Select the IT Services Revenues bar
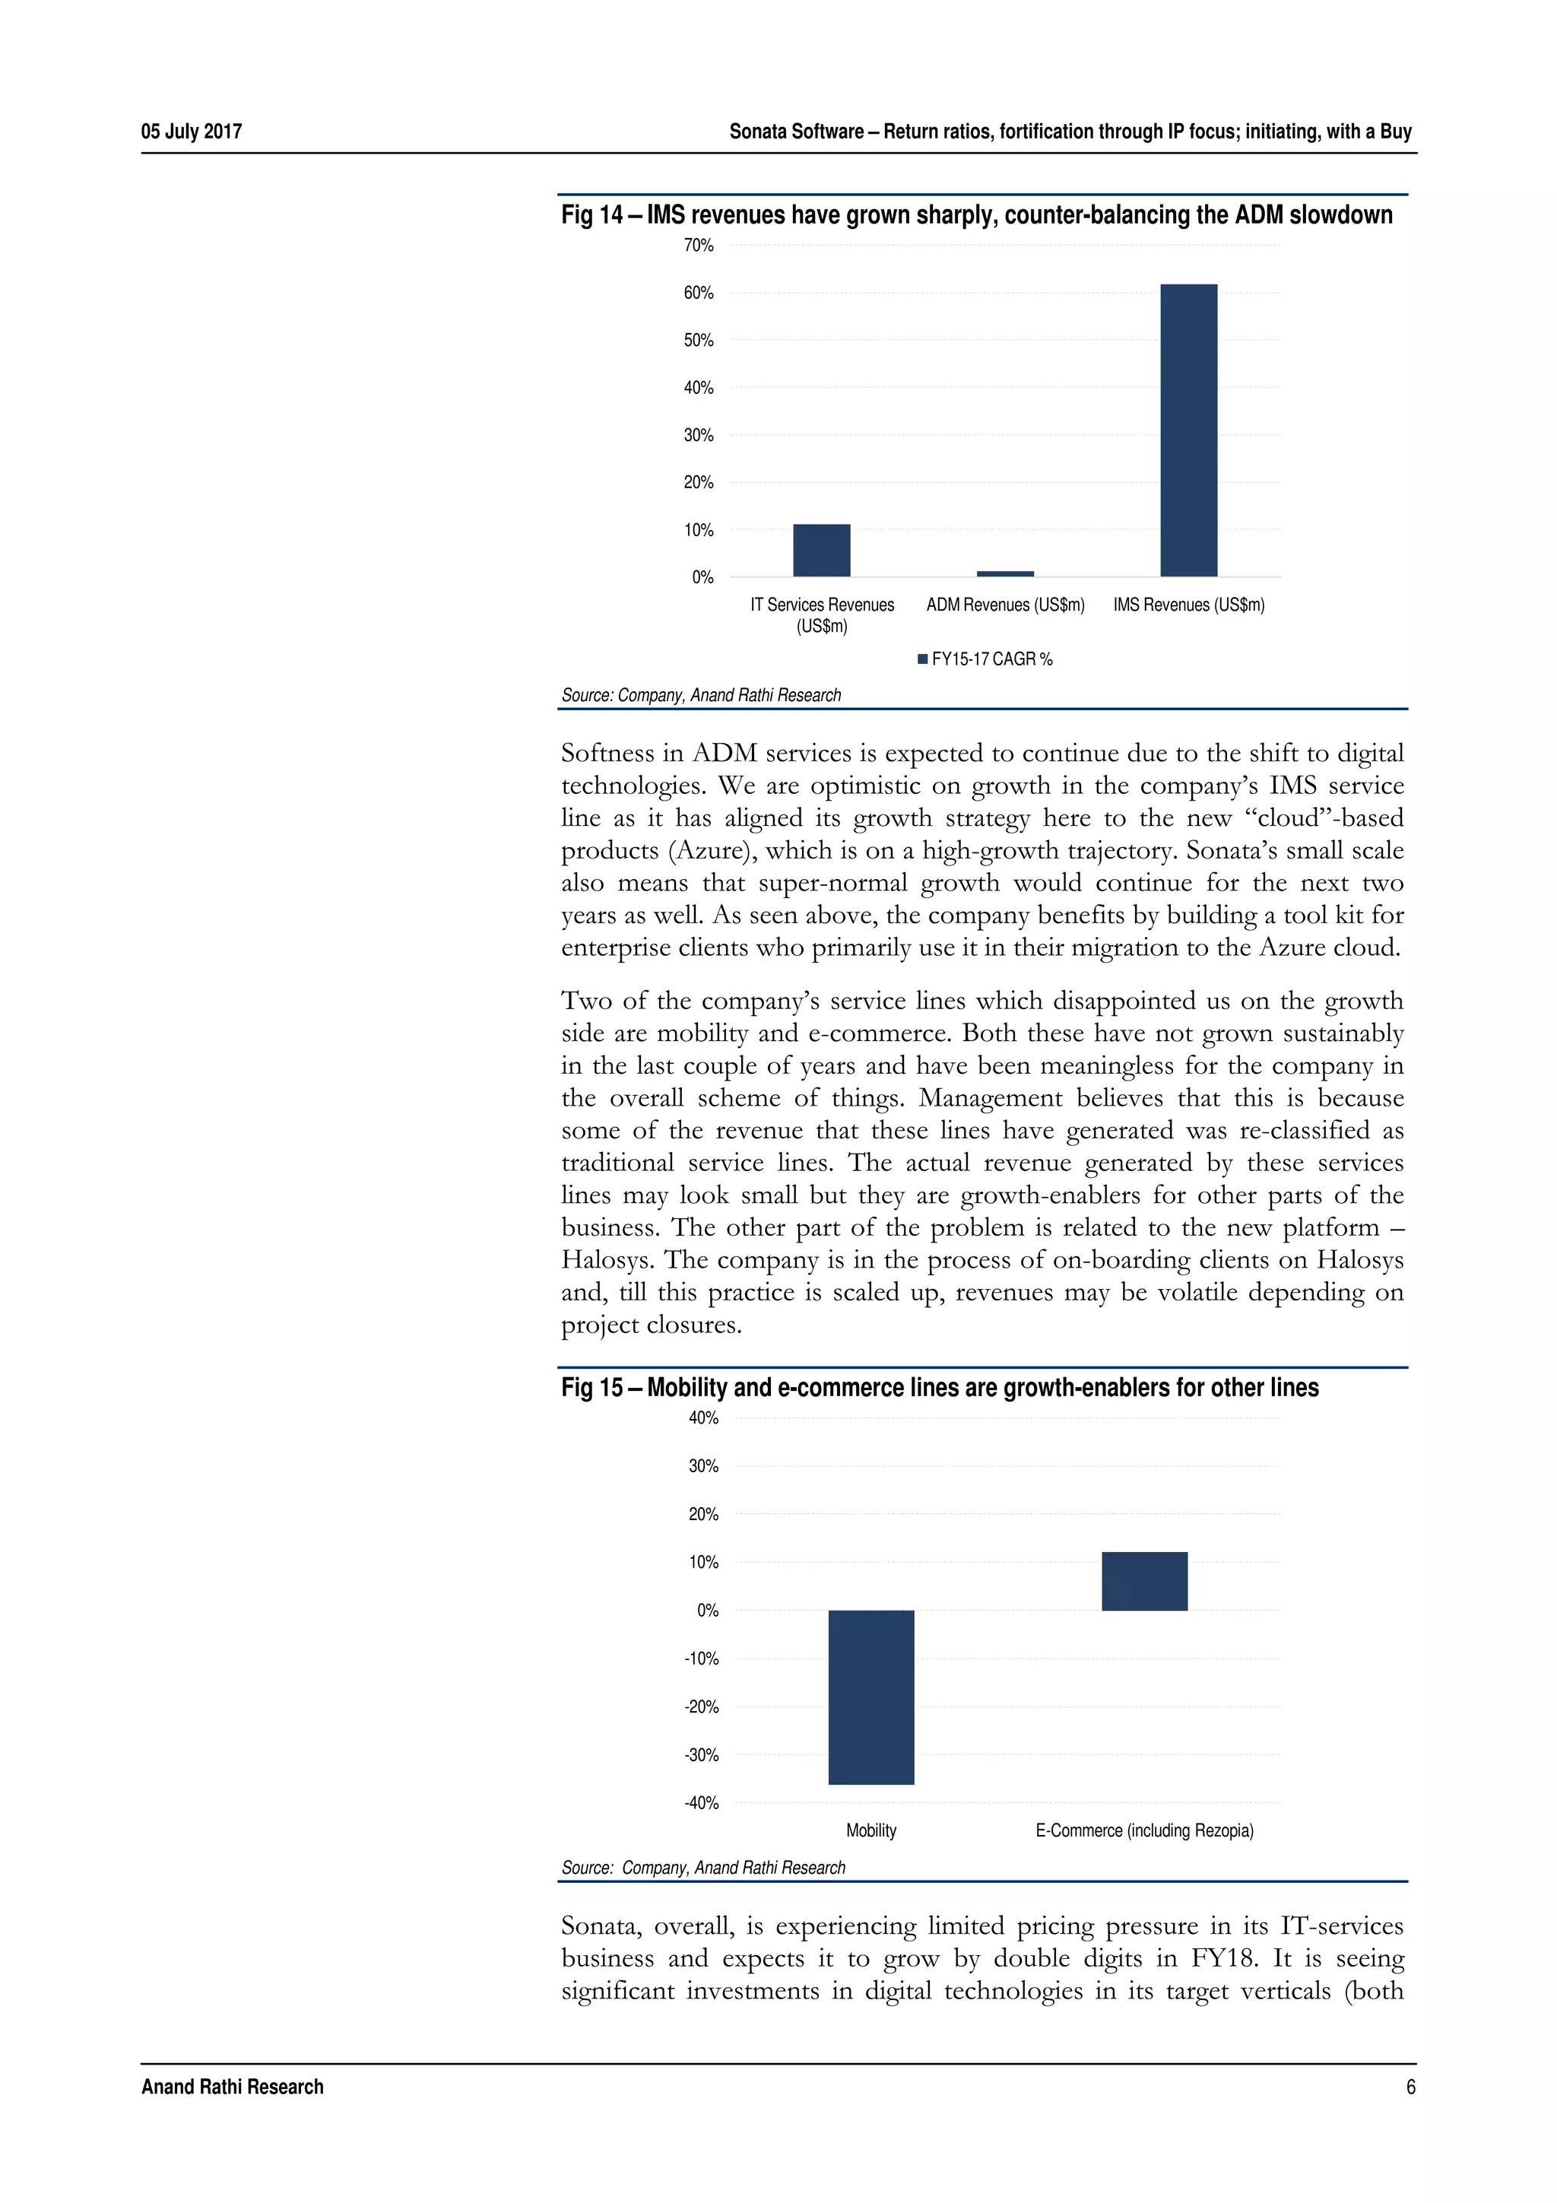point(821,550)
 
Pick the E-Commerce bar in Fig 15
point(1143,1581)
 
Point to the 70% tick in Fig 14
point(699,246)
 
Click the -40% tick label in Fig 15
point(701,1803)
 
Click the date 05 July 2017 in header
point(191,132)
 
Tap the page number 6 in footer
point(1410,2087)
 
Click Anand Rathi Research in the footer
point(232,2087)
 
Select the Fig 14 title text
point(975,215)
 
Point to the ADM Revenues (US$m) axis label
point(1004,605)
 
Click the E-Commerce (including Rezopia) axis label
point(1143,1830)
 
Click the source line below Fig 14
point(700,695)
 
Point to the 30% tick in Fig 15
point(703,1466)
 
